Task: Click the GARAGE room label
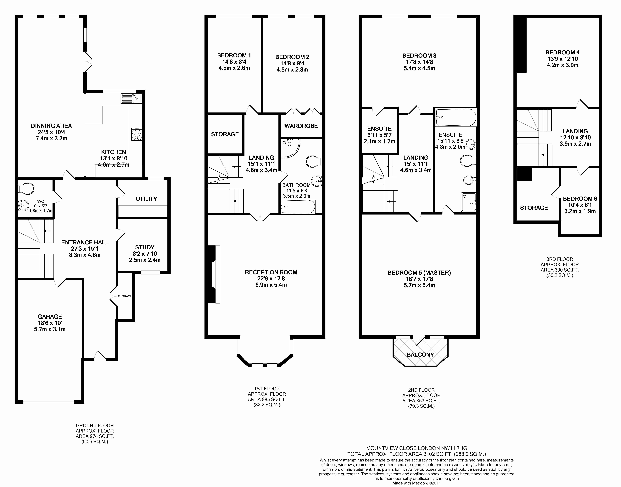tap(50, 317)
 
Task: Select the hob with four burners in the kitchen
tap(137, 134)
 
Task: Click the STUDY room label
tap(145, 247)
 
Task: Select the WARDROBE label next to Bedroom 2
tap(301, 126)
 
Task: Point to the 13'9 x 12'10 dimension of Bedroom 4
tap(563, 59)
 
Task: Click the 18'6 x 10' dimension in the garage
tap(50, 323)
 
